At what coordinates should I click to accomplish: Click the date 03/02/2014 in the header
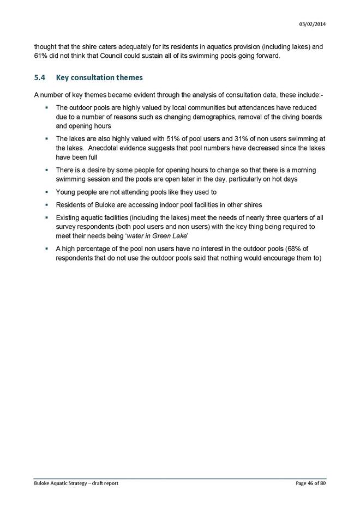(313, 23)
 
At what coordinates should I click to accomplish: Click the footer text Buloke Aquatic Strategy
(63, 483)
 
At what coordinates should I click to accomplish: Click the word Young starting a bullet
(66, 192)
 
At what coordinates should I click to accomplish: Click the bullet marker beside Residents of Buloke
(48, 205)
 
